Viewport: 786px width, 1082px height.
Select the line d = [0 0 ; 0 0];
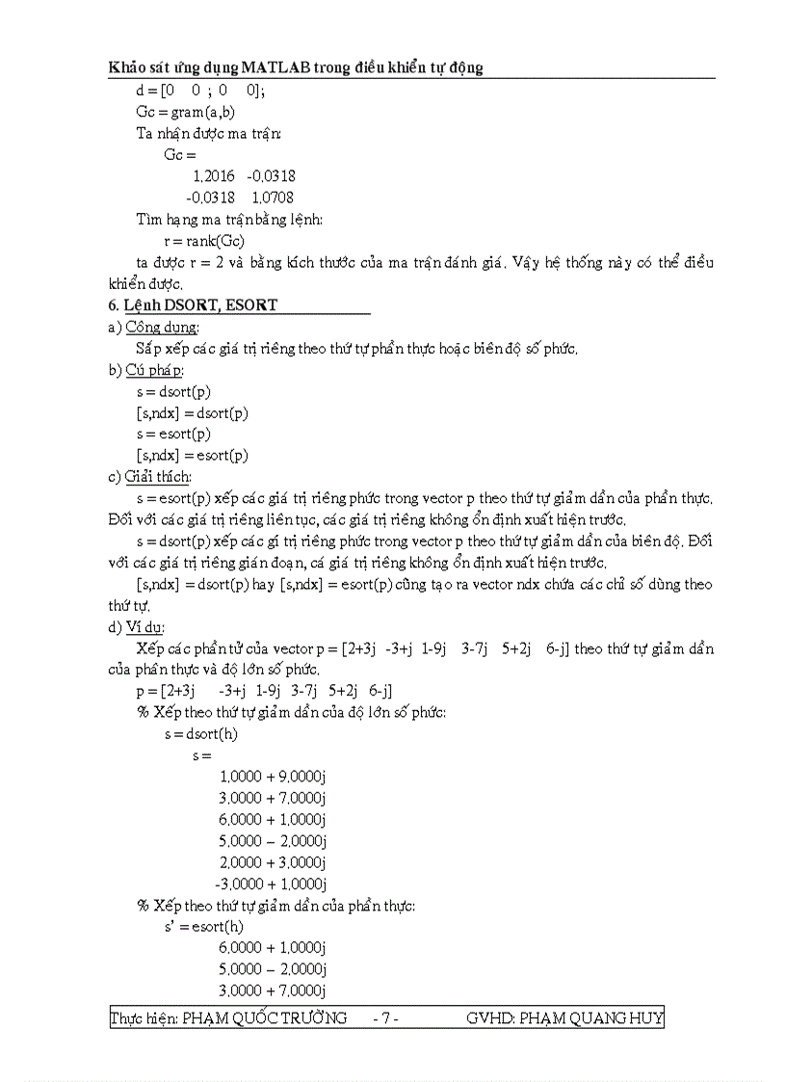tap(200, 91)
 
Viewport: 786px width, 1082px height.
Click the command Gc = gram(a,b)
tap(186, 112)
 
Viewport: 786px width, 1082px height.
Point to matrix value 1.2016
tap(213, 176)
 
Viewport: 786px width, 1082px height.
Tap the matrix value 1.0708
tap(273, 198)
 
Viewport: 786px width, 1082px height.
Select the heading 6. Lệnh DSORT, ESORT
tap(194, 304)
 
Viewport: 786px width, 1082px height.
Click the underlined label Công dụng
tap(162, 327)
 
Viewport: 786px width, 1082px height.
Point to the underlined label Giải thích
tap(158, 477)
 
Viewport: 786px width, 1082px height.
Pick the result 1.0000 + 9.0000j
tap(273, 777)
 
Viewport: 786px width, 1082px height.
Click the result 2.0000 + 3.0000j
tap(273, 862)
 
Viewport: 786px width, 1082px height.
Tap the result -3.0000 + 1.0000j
tap(271, 884)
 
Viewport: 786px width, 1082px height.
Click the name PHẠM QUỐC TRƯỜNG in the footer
tap(265, 1018)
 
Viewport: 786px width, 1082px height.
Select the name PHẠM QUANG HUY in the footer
tap(590, 1018)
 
